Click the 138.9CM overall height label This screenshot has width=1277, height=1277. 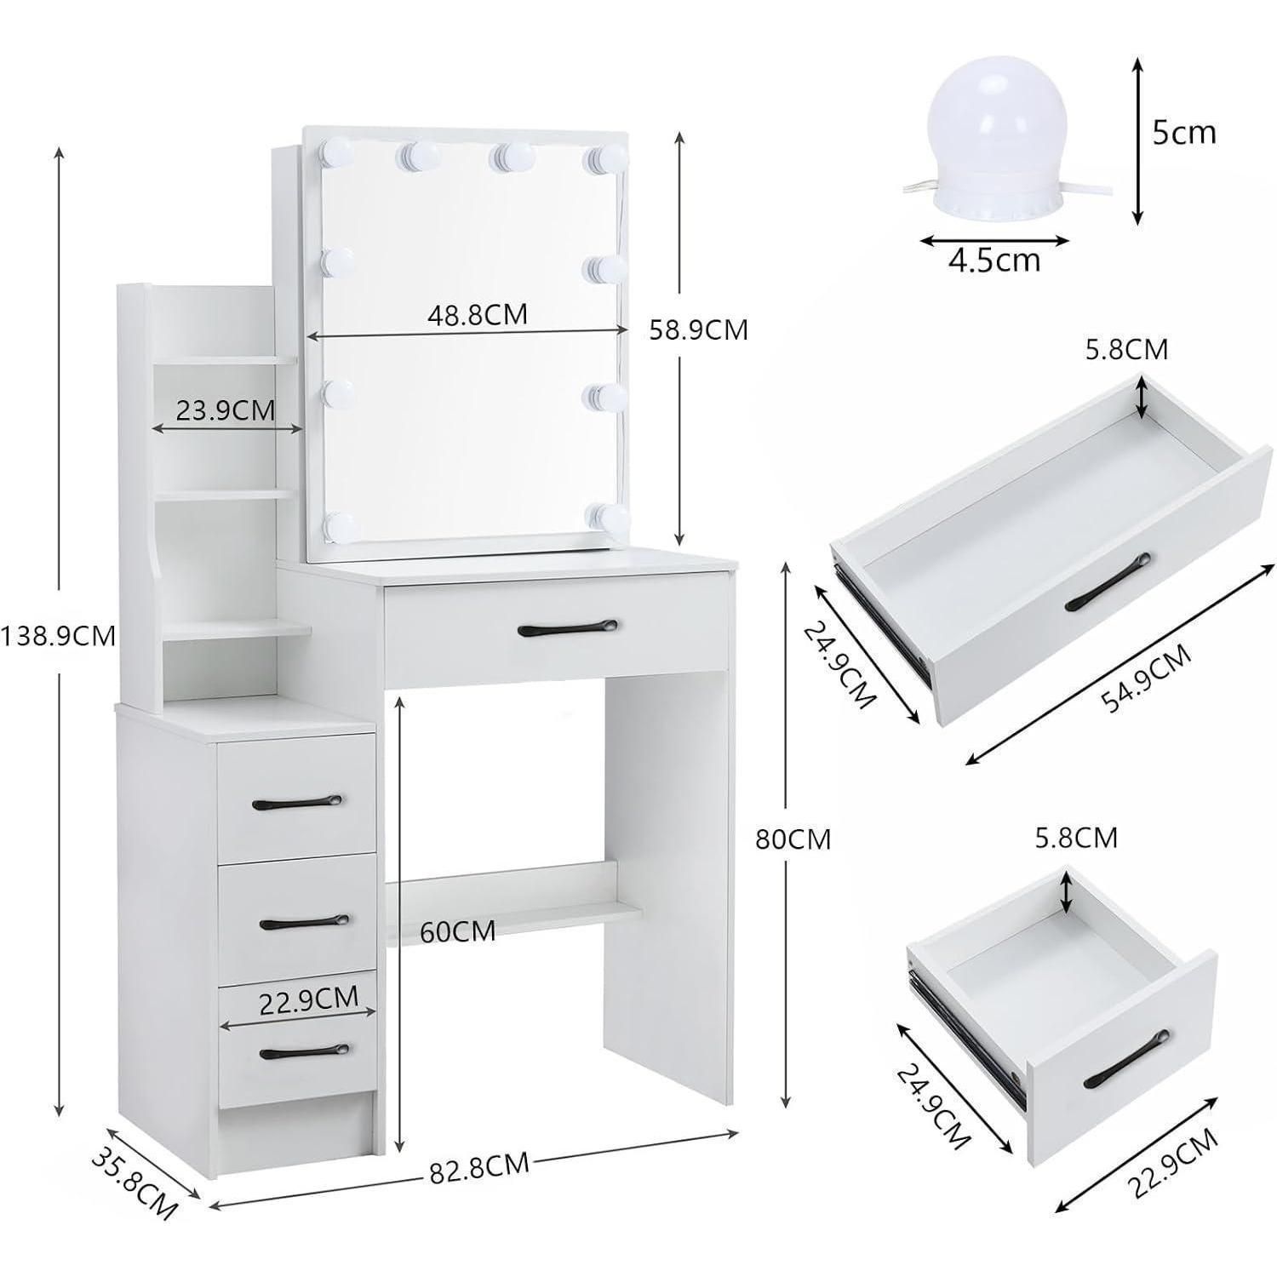click(x=58, y=636)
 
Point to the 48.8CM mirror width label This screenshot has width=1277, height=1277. click(x=478, y=315)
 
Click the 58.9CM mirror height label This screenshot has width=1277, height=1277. click(x=698, y=329)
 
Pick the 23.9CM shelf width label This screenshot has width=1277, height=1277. click(x=226, y=409)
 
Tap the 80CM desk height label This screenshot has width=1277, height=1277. click(x=793, y=839)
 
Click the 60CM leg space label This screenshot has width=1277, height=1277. click(x=458, y=931)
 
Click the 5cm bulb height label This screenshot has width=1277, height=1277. click(x=1184, y=134)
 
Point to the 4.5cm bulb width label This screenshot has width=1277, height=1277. click(x=994, y=261)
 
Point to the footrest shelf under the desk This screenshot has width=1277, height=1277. click(x=513, y=912)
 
